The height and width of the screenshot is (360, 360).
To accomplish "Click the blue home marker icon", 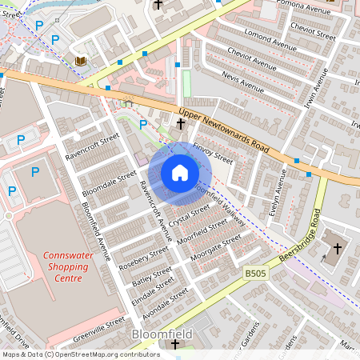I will click(180, 173).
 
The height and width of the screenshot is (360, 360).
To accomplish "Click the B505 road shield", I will click(255, 274).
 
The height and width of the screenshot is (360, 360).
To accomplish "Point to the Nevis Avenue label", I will click(242, 82).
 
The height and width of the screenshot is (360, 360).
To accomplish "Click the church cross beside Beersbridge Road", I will click(336, 249).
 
